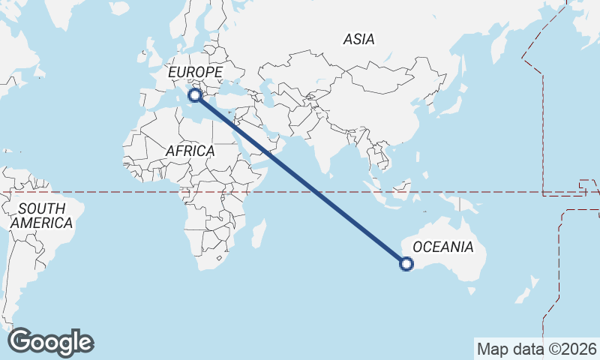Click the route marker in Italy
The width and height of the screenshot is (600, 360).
(x=195, y=95)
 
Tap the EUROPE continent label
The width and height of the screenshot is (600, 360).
(x=195, y=72)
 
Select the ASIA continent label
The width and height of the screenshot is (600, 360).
(x=358, y=39)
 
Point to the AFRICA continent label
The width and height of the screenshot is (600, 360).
(x=190, y=151)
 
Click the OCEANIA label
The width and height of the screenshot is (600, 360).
(x=443, y=247)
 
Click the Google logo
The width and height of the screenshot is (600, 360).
(x=50, y=342)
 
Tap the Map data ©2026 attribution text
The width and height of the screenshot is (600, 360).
(x=537, y=349)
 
